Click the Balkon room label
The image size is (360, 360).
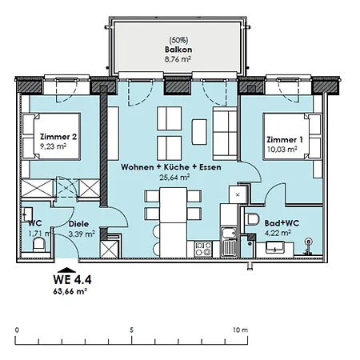[x=178, y=50]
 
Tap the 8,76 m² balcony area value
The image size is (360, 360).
[x=178, y=59]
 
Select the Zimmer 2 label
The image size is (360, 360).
[x=58, y=137]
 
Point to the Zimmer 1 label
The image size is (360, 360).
[x=285, y=140]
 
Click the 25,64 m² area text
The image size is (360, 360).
[x=174, y=177]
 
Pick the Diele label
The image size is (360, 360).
[x=78, y=224]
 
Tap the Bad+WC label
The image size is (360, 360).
[x=282, y=223]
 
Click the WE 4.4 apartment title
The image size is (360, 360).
[x=72, y=280]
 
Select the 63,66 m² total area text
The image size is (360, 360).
[x=70, y=291]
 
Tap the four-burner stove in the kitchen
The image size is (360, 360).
[x=203, y=249]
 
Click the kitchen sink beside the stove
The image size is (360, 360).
[x=229, y=242]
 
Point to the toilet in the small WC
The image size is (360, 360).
[x=39, y=245]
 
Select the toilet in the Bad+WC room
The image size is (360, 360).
[x=252, y=219]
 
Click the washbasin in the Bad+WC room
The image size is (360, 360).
[x=274, y=247]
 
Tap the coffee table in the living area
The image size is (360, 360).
[x=199, y=132]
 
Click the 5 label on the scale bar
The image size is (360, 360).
[x=131, y=330]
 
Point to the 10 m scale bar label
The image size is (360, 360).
[x=241, y=330]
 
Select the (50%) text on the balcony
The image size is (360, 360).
[x=178, y=40]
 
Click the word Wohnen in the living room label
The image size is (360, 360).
[x=138, y=167]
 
